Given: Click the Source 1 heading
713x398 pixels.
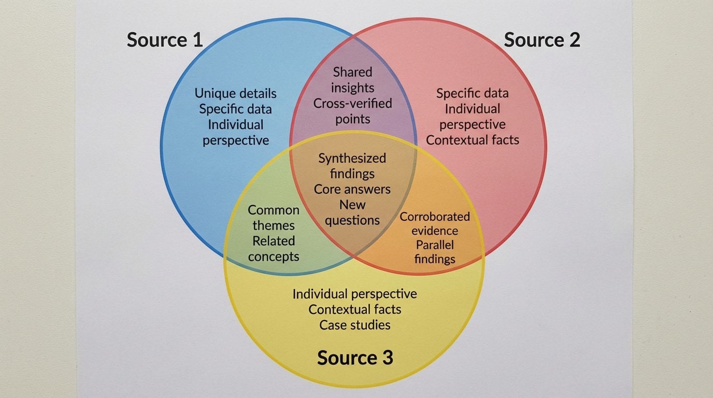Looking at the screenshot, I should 165,40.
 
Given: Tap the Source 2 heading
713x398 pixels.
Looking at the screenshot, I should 542,40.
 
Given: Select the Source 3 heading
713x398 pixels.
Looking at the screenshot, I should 355,358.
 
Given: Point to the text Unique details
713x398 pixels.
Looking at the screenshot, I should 235,93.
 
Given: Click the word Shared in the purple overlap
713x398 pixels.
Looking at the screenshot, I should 352,72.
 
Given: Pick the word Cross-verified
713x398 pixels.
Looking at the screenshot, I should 352,103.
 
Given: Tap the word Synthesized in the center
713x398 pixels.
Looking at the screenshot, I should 352,158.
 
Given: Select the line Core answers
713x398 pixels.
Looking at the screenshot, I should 352,189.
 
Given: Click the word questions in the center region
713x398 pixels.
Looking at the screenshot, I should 352,220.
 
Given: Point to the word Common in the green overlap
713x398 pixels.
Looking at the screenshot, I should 274,210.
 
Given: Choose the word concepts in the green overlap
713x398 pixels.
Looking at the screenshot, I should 274,257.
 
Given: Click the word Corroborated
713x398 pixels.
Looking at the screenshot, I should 435,217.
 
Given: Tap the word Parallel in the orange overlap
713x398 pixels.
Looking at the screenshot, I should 435,245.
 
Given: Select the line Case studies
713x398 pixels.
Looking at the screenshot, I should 355,325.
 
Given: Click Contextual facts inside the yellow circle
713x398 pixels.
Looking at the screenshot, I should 355,309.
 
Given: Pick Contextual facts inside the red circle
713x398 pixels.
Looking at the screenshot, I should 472,140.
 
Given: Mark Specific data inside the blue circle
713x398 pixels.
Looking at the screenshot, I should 235,109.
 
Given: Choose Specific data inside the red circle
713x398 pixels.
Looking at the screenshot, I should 472,93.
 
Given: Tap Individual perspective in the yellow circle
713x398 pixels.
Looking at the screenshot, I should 355,294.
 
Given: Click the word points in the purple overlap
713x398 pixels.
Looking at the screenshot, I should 352,119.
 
